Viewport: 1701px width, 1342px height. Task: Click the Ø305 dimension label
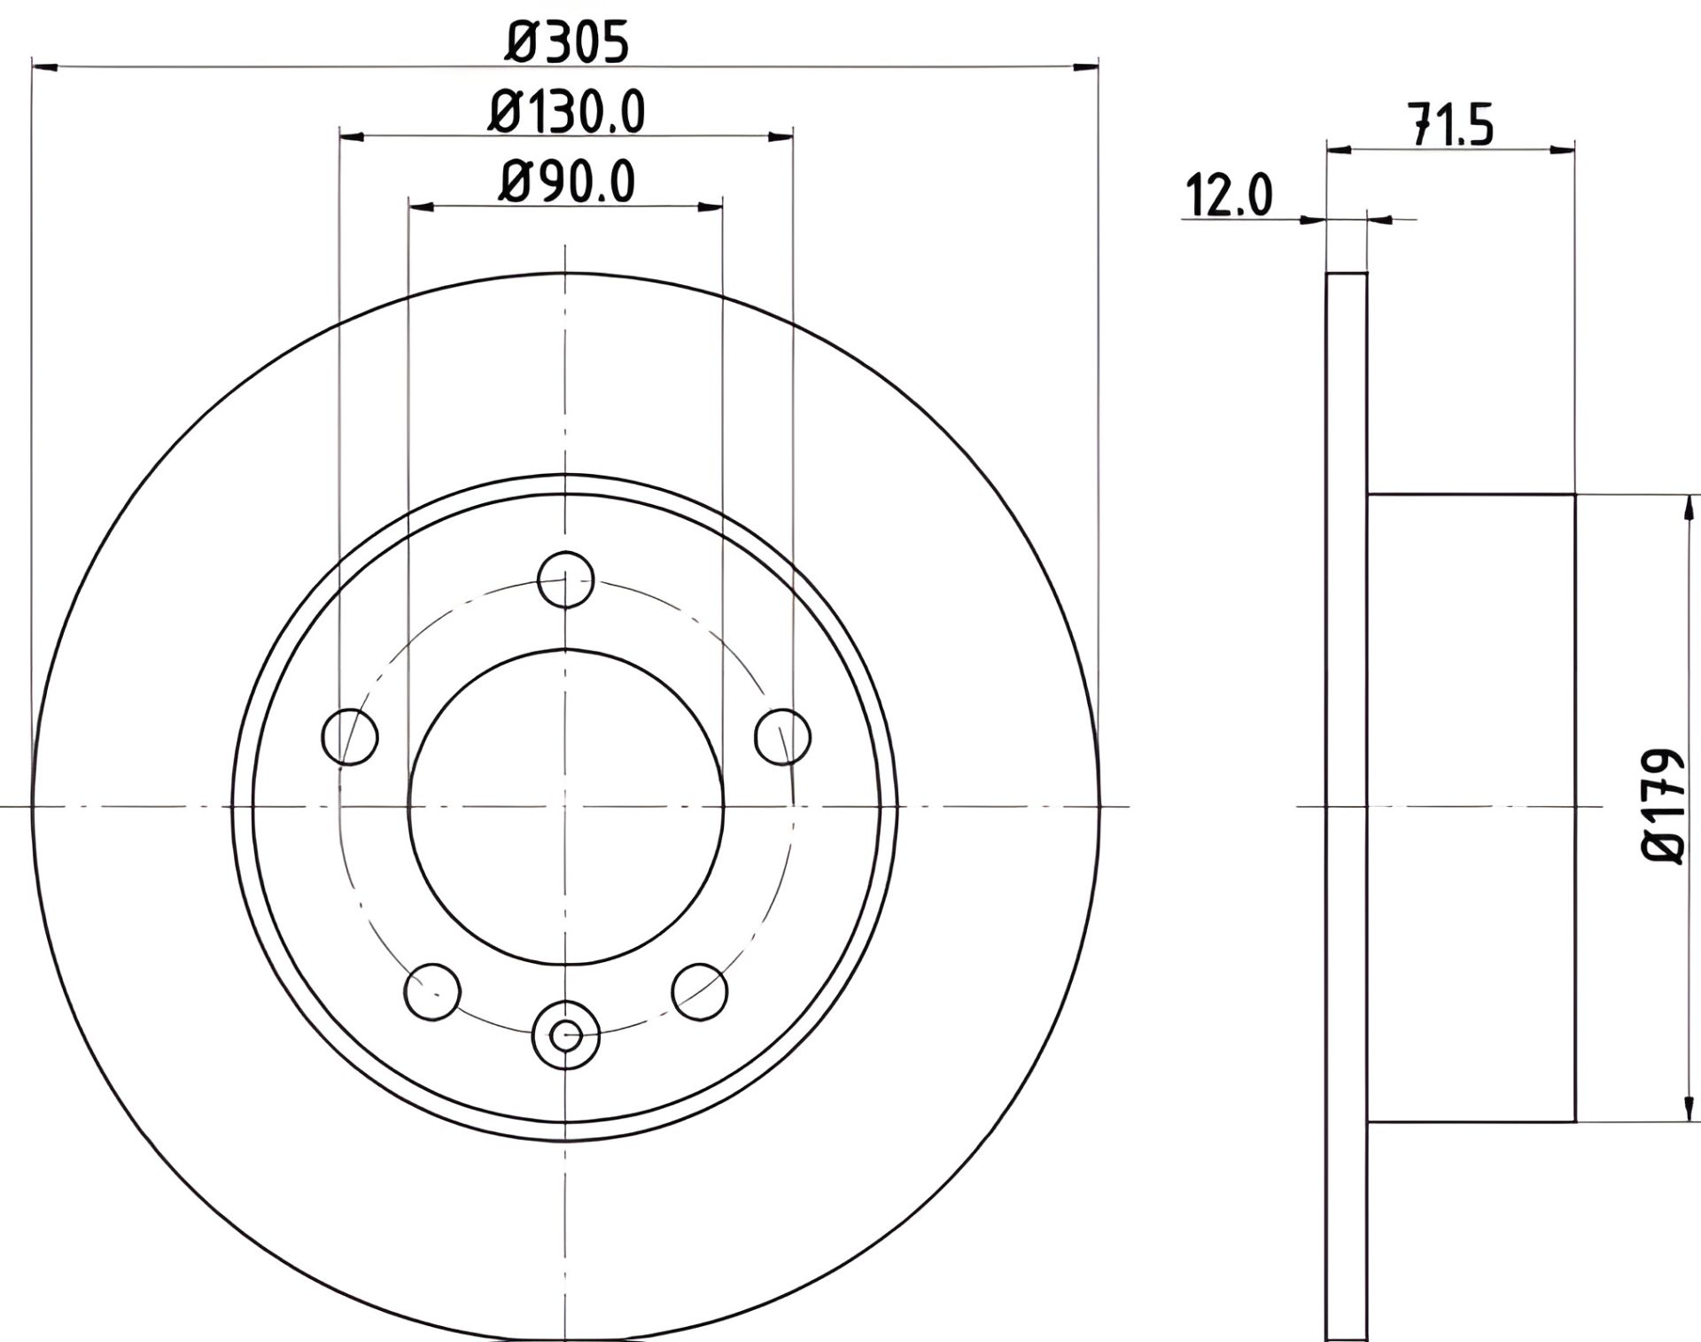point(566,43)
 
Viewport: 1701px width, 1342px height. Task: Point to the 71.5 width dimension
point(1452,125)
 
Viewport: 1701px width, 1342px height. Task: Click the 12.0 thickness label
point(1229,196)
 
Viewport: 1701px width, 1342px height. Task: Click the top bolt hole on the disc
point(565,580)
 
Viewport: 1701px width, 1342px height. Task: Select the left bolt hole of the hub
point(351,735)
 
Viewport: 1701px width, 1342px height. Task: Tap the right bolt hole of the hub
point(783,735)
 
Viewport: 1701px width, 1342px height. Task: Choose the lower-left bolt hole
point(432,990)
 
